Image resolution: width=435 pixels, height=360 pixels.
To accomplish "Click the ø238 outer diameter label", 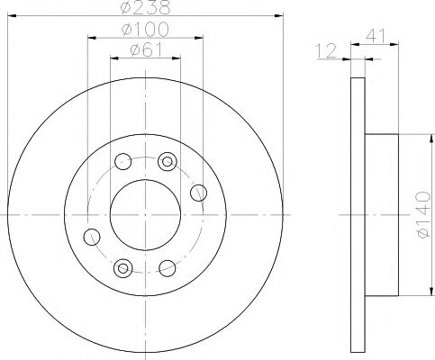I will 145,10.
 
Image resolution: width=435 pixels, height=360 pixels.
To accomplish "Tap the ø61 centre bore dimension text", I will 145,50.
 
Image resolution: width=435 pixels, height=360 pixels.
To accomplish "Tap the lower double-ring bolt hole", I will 122,266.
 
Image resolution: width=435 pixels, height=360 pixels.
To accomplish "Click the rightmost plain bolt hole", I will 200,190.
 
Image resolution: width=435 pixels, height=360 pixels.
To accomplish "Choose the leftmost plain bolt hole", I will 90,237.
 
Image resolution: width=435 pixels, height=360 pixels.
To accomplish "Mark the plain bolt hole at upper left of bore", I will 124,163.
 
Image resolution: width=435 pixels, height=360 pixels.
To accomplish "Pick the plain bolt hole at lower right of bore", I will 165,266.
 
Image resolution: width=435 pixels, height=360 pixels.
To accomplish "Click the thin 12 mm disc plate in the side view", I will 356,215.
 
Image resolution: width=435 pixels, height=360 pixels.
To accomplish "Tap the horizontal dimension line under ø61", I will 144,59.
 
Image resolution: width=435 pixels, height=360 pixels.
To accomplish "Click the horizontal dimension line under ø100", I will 144,40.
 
